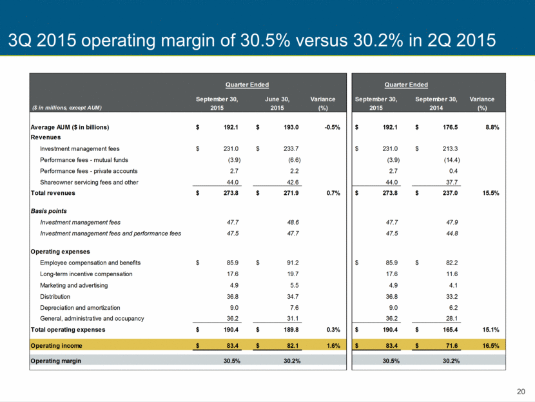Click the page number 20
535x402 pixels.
point(521,392)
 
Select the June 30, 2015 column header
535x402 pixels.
point(277,103)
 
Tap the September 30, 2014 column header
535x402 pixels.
point(436,103)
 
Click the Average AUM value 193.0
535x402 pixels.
point(291,127)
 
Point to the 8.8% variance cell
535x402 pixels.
point(492,127)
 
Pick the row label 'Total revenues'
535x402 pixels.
point(53,193)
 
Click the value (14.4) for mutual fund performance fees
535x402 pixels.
point(452,160)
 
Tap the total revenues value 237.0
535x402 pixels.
point(451,193)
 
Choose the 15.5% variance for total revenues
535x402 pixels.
point(491,193)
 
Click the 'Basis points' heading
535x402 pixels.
point(49,211)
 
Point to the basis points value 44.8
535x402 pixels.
point(452,234)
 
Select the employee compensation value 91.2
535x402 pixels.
point(293,263)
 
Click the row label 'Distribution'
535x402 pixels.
point(55,296)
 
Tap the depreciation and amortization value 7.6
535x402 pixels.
point(295,308)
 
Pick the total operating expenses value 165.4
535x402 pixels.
point(451,330)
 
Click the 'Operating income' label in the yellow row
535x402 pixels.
point(56,346)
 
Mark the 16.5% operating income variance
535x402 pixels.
point(491,346)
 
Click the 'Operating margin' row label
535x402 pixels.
point(56,361)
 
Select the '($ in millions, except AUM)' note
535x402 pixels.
point(67,108)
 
